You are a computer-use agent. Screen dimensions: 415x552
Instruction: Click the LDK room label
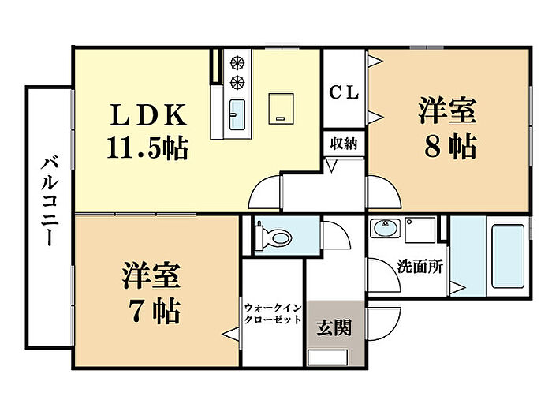point(147,115)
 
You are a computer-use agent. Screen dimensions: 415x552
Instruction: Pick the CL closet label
point(344,93)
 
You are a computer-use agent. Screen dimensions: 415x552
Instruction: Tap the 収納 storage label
point(344,144)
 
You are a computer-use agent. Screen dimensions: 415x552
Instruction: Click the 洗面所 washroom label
point(419,266)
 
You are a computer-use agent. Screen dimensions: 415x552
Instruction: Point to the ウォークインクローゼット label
point(272,315)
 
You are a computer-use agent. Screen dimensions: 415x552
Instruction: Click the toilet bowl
point(274,234)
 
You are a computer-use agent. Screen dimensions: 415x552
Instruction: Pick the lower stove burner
point(236,81)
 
